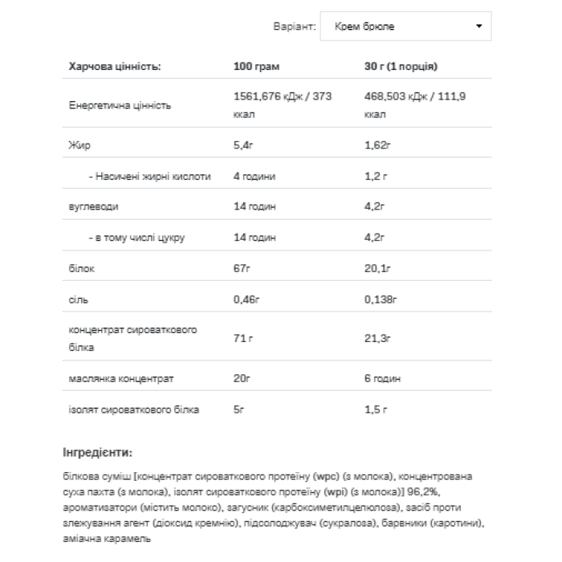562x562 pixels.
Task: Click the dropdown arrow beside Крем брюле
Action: [479, 26]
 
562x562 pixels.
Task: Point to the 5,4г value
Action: [244, 146]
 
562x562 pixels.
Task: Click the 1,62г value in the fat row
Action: [377, 146]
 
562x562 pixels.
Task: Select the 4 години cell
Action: [254, 176]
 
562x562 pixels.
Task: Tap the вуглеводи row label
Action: [93, 206]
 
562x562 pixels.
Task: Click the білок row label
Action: [82, 269]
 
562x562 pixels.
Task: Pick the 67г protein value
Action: [242, 269]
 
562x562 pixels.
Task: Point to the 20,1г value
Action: [377, 269]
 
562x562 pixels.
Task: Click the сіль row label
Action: [78, 299]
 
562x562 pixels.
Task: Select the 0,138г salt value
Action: [381, 299]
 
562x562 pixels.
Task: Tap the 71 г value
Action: [243, 339]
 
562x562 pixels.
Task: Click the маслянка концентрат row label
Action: [122, 378]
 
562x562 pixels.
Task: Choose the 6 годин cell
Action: [382, 378]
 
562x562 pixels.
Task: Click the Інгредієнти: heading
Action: [96, 452]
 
